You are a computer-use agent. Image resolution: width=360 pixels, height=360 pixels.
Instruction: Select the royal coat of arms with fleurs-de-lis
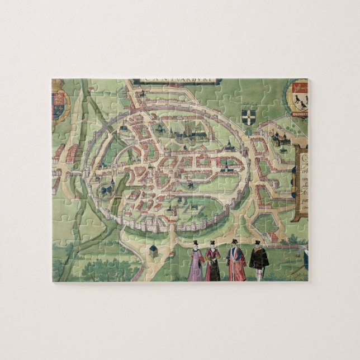[x=60, y=106]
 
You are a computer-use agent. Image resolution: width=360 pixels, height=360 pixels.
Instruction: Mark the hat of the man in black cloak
[x=257, y=243]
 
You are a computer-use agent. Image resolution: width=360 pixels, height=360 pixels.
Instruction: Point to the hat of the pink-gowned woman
[x=196, y=244]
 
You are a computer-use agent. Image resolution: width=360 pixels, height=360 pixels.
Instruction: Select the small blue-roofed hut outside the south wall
[x=153, y=250]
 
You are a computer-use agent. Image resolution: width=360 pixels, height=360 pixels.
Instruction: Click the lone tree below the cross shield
[x=249, y=134]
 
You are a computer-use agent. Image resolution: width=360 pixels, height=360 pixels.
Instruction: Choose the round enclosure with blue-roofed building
[x=106, y=191]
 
